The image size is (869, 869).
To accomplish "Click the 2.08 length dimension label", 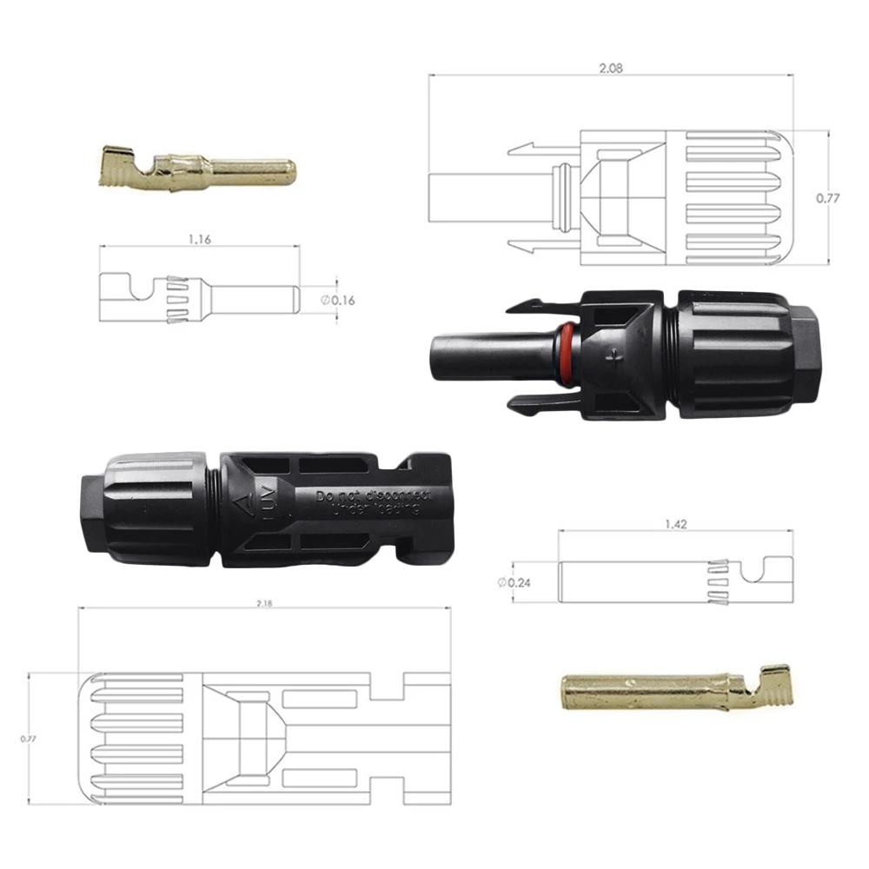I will pyautogui.click(x=612, y=67).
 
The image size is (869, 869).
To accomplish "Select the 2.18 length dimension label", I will pyautogui.click(x=264, y=604).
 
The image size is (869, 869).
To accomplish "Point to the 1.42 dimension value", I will pyautogui.click(x=673, y=524).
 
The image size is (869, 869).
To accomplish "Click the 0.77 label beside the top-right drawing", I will pyautogui.click(x=828, y=198).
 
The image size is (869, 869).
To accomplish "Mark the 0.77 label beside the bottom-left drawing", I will pyautogui.click(x=30, y=738).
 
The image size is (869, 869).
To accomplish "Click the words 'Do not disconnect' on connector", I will pyautogui.click(x=374, y=495).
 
